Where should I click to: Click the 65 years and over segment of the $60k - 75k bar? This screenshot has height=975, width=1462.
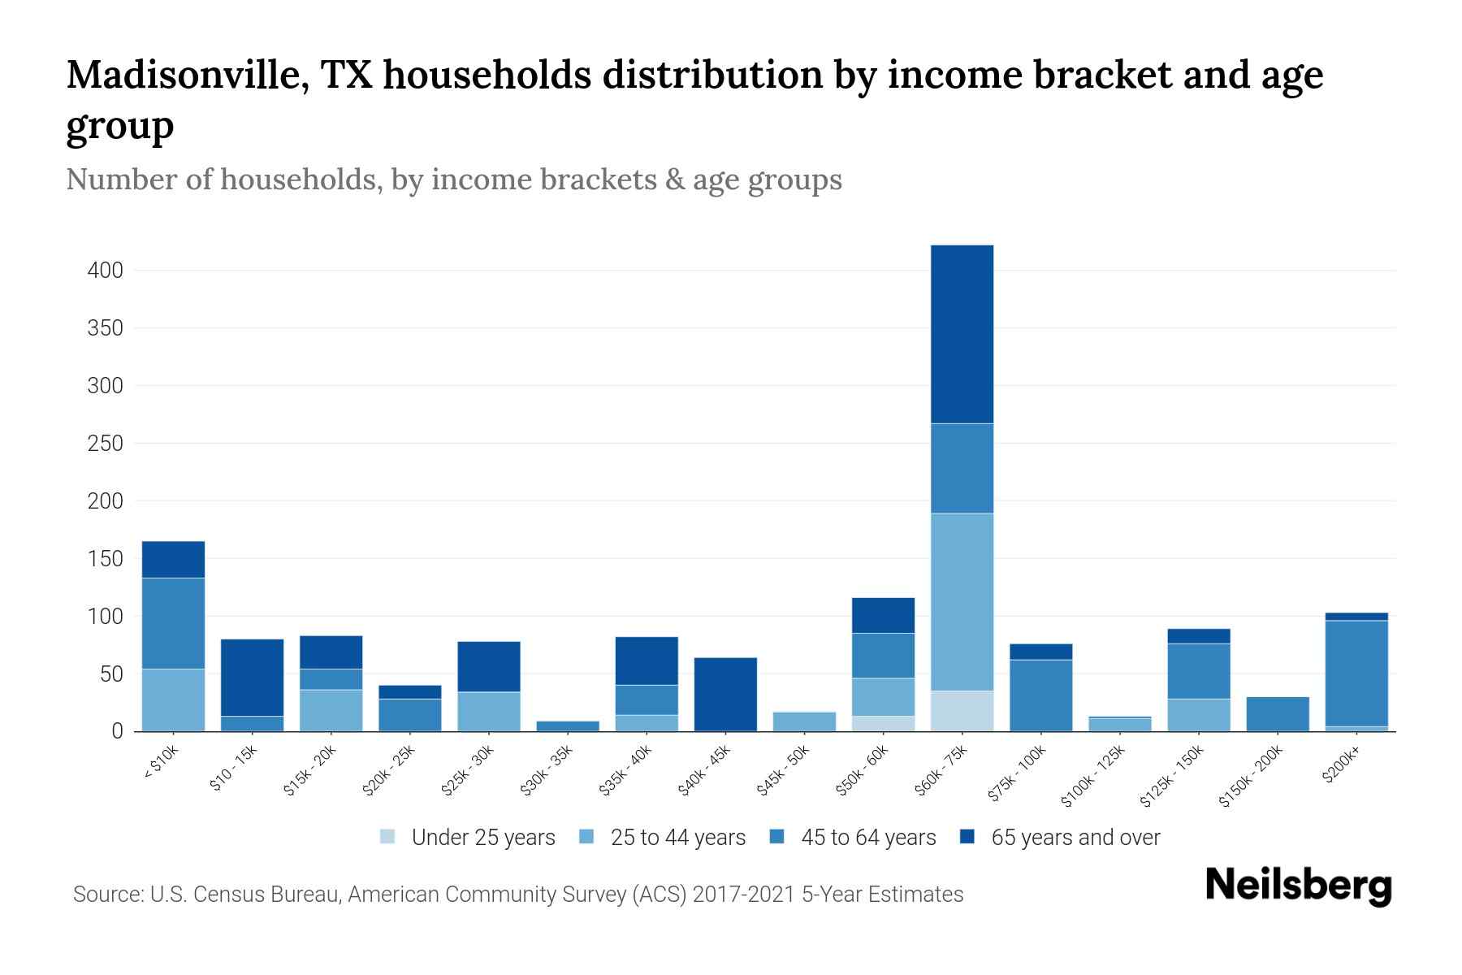pyautogui.click(x=962, y=334)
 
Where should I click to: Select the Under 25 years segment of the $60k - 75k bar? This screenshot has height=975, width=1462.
pyautogui.click(x=962, y=711)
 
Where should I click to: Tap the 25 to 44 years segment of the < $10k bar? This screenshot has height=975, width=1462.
pyautogui.click(x=173, y=700)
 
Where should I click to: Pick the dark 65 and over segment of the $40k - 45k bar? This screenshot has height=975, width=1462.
pyautogui.click(x=725, y=694)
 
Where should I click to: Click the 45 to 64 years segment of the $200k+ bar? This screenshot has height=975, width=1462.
pyautogui.click(x=1356, y=674)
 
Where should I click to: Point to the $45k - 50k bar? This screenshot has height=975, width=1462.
pyautogui.click(x=804, y=721)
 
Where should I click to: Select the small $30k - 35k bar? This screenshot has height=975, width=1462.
pyautogui.click(x=568, y=726)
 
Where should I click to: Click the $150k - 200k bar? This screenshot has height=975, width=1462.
pyautogui.click(x=1277, y=714)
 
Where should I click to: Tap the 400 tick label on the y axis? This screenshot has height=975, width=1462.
pyautogui.click(x=105, y=271)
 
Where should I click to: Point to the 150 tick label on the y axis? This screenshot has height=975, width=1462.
pyautogui.click(x=105, y=559)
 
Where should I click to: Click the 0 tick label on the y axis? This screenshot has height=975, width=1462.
pyautogui.click(x=117, y=731)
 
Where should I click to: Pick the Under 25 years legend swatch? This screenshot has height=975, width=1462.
pyautogui.click(x=388, y=836)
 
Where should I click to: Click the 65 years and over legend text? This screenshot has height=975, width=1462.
pyautogui.click(x=1075, y=838)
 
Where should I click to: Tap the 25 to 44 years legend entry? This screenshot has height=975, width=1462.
pyautogui.click(x=677, y=838)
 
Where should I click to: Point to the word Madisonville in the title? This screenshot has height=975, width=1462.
pyautogui.click(x=187, y=75)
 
